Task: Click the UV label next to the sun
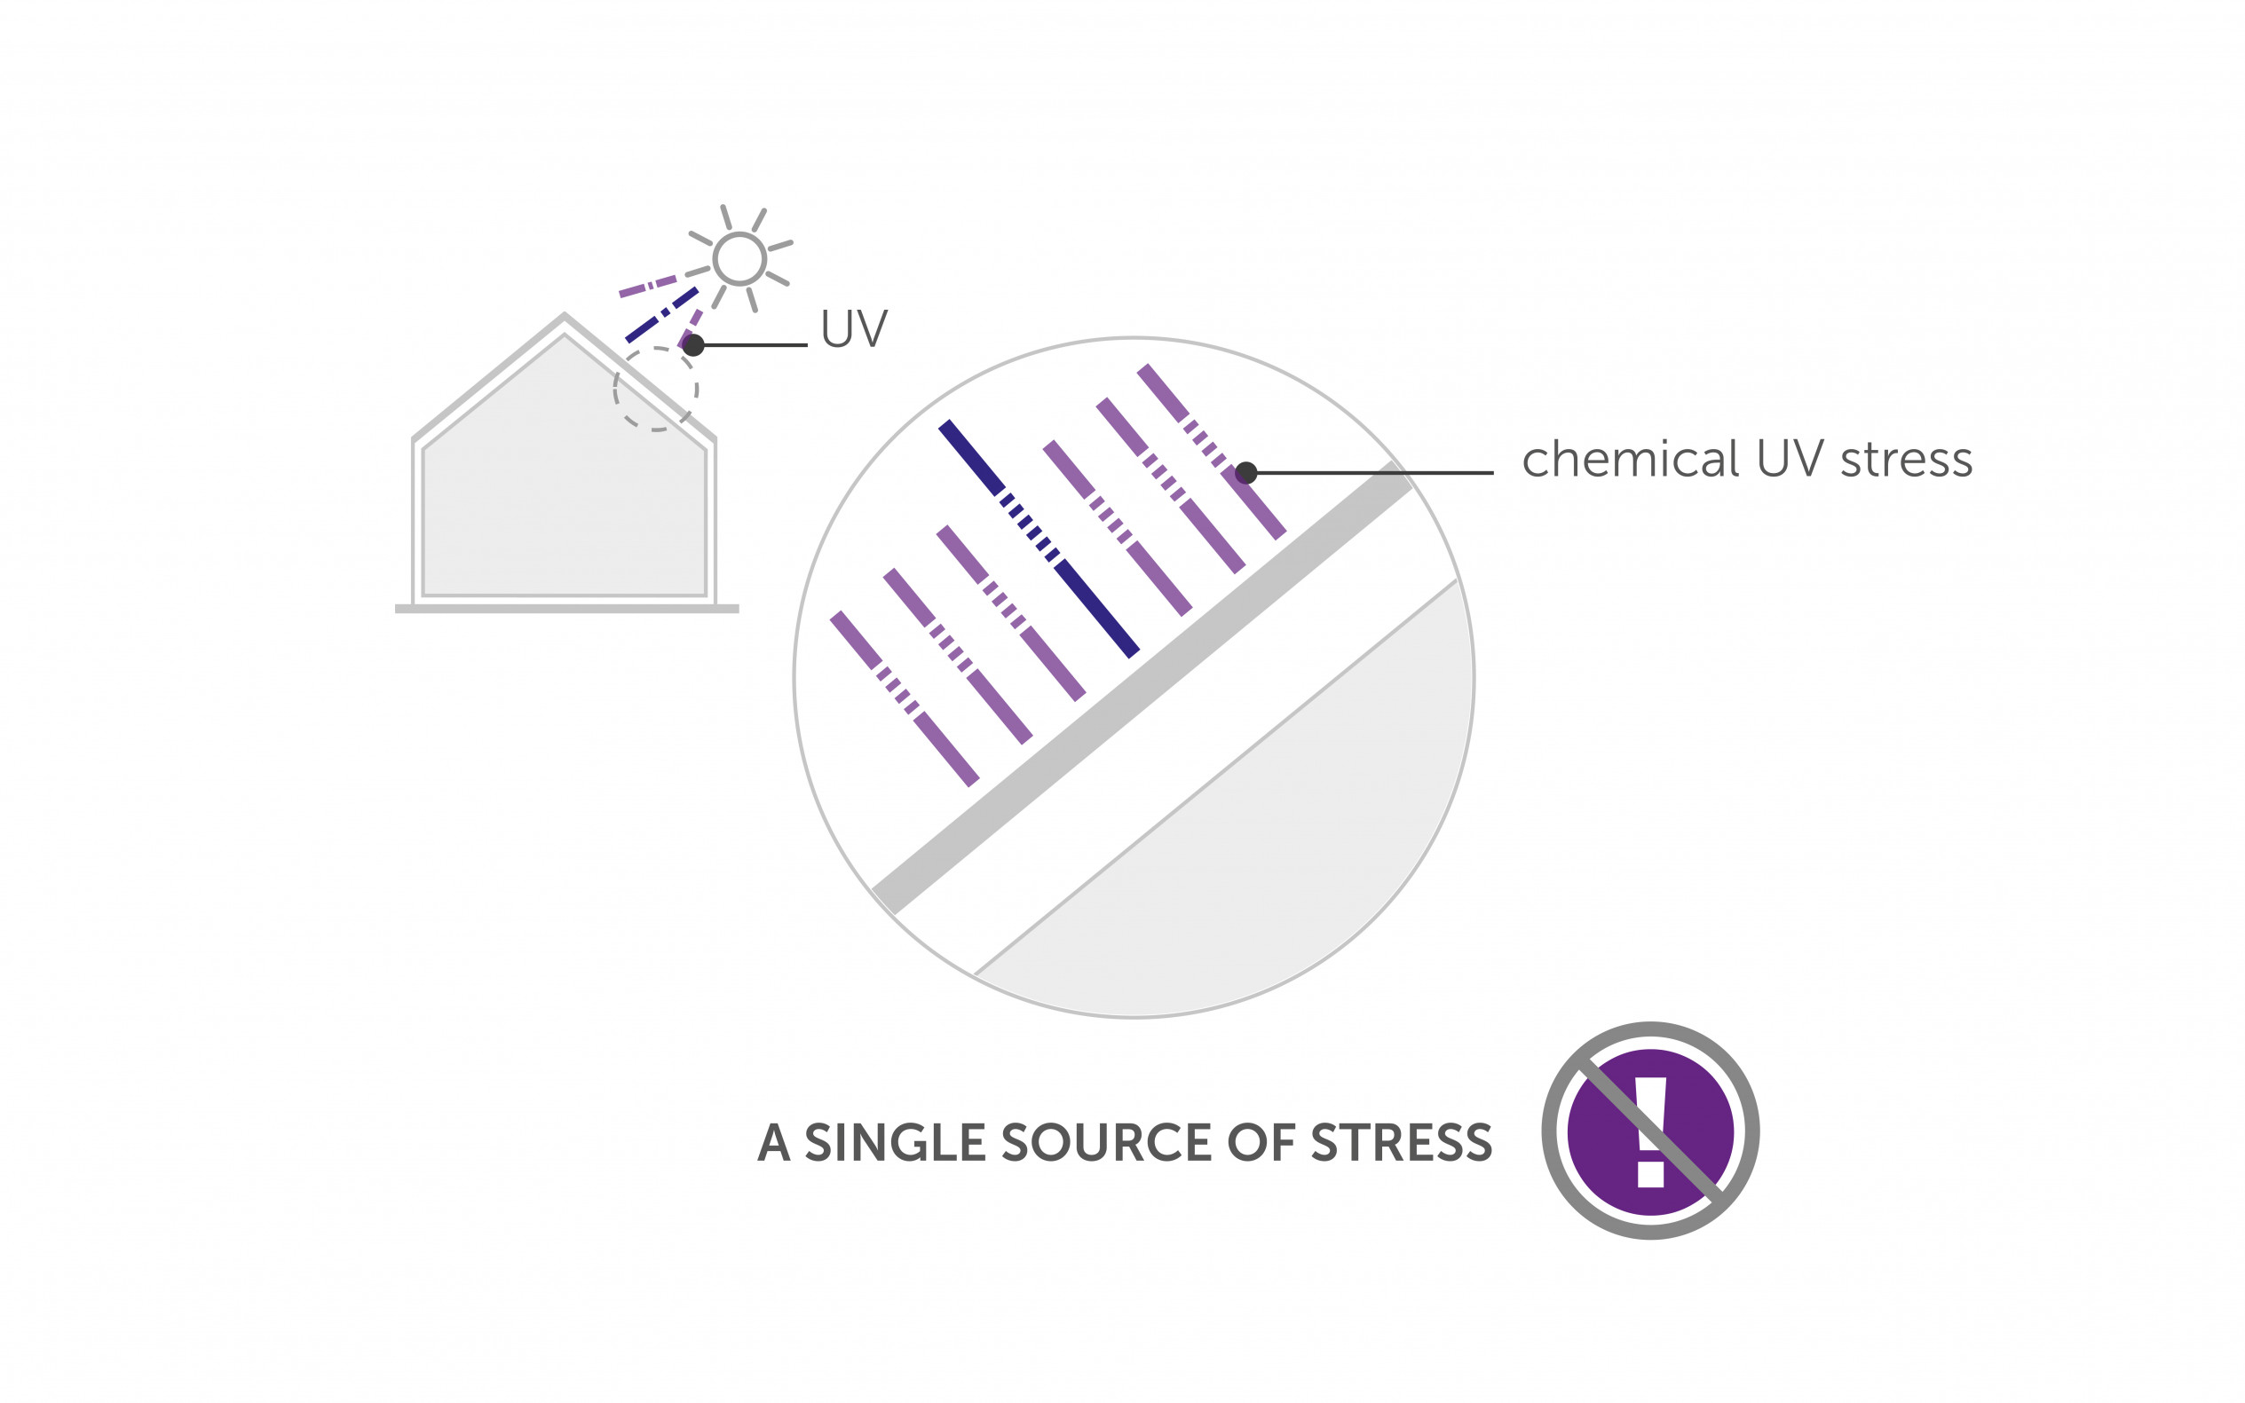pyautogui.click(x=854, y=328)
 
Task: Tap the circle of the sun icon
pyautogui.click(x=739, y=258)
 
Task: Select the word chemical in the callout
pyautogui.click(x=1630, y=460)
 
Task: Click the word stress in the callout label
pyautogui.click(x=1906, y=461)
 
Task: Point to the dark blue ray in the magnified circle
pyautogui.click(x=1039, y=540)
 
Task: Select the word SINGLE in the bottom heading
pyautogui.click(x=894, y=1142)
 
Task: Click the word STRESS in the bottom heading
pyautogui.click(x=1402, y=1142)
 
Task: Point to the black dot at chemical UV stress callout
pyautogui.click(x=1246, y=472)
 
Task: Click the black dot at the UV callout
pyautogui.click(x=693, y=345)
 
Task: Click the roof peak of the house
pyautogui.click(x=565, y=318)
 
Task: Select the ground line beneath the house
pyautogui.click(x=566, y=609)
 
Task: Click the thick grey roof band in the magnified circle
pyautogui.click(x=1142, y=688)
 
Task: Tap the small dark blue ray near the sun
pyautogui.click(x=660, y=316)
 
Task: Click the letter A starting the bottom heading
pyautogui.click(x=774, y=1142)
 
